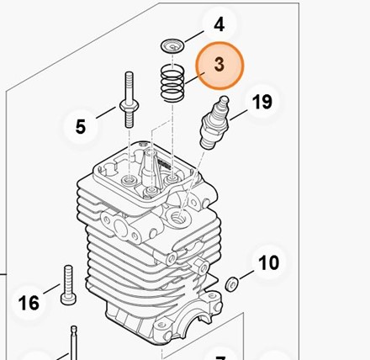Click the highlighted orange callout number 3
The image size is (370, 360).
pos(219,65)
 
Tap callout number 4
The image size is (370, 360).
pos(219,24)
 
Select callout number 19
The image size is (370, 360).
pos(262,102)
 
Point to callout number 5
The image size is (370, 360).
pos(81,126)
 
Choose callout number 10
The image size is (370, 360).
pos(268,262)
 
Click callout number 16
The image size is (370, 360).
pos(29,303)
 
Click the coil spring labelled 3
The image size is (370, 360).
pos(172,83)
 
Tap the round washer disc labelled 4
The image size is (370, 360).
pos(172,45)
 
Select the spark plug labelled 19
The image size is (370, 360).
pos(214,123)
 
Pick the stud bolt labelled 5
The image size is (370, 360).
pos(129,100)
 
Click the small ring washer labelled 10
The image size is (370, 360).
pos(232,284)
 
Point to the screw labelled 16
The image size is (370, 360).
pos(68,285)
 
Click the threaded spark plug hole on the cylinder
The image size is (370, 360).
pos(177,217)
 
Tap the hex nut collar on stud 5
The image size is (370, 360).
pos(129,106)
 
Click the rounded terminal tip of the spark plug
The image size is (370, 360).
pos(225,99)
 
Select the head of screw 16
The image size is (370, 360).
pos(68,299)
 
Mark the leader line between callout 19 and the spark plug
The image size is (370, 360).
pos(238,115)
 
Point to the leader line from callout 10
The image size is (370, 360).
pos(246,275)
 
